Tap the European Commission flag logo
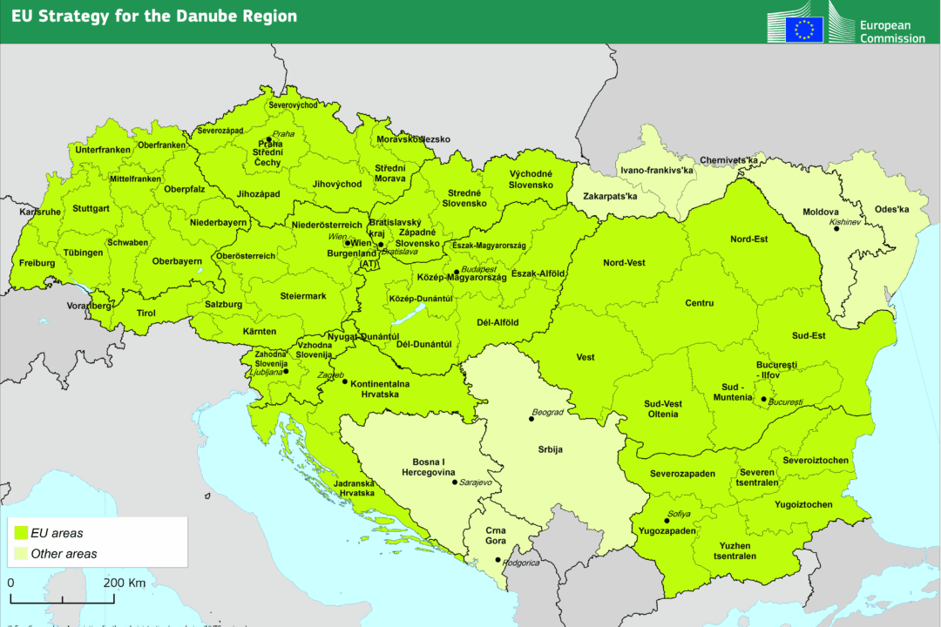coord(803,30)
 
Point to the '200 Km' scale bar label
coord(125,583)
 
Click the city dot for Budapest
coord(456,273)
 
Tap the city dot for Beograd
coord(531,419)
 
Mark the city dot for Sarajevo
coord(454,482)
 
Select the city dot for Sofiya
coord(667,521)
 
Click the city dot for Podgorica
coord(498,560)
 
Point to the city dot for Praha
coord(269,139)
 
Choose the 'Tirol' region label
coord(146,313)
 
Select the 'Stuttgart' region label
coord(91,209)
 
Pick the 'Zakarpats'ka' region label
coord(610,196)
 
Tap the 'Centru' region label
coord(699,303)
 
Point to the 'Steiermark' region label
coord(302,296)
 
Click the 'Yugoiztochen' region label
coord(802,504)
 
